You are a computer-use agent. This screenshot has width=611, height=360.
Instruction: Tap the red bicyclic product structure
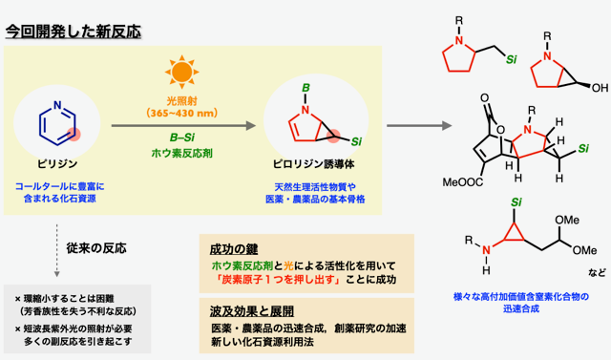point(307,120)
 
